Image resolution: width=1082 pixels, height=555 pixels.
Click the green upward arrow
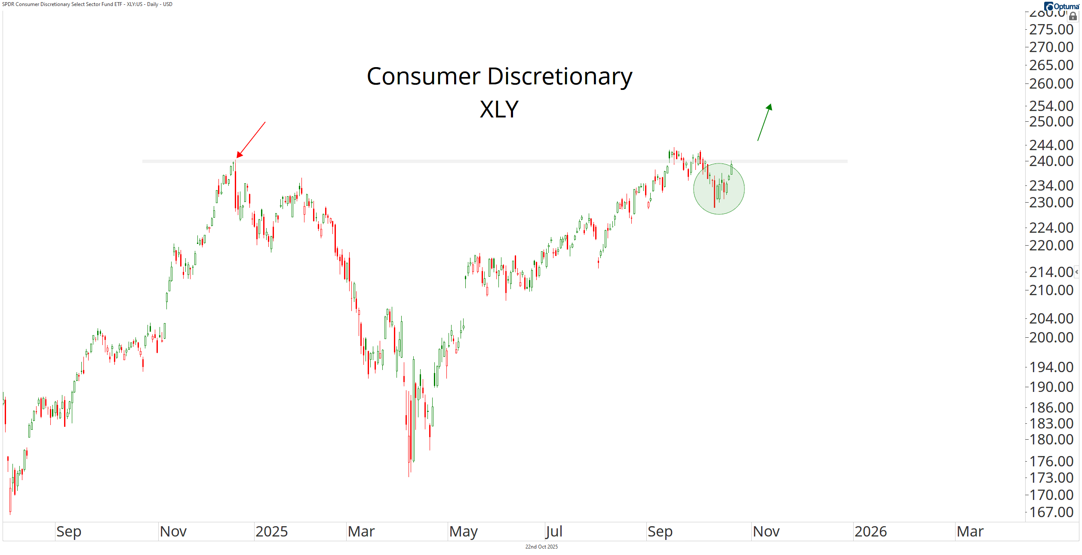point(764,122)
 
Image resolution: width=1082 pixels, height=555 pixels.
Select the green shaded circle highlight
point(719,189)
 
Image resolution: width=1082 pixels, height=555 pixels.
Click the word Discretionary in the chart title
point(559,77)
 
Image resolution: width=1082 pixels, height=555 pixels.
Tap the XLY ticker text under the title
point(499,109)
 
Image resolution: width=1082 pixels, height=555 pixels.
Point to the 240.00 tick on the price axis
point(1051,161)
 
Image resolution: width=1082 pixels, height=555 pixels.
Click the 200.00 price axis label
point(1051,337)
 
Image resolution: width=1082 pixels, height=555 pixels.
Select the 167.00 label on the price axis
point(1051,512)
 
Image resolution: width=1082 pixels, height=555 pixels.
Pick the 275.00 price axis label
point(1051,30)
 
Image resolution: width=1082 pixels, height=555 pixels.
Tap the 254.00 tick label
point(1051,106)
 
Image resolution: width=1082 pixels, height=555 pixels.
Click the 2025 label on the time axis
point(271,532)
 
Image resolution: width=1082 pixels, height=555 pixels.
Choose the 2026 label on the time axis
point(870,532)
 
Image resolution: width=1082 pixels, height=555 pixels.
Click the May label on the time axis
point(463,532)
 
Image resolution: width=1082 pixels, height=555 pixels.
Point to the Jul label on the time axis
point(554,532)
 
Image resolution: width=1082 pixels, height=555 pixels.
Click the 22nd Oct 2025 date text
point(541,547)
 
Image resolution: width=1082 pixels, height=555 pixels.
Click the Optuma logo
point(1063,6)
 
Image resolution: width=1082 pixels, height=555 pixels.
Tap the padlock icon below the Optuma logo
point(1073,16)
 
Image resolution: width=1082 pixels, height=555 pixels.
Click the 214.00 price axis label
point(1051,272)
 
